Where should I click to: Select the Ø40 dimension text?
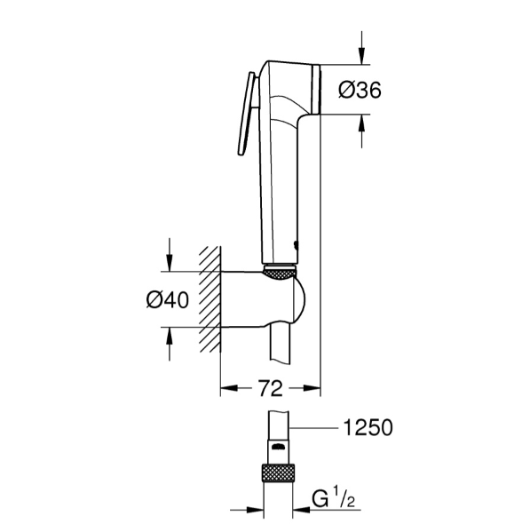click(x=167, y=300)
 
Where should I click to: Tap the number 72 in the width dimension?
click(x=271, y=388)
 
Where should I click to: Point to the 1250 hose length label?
click(x=368, y=429)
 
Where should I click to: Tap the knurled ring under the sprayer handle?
click(x=281, y=273)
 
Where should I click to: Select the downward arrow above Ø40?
click(x=168, y=258)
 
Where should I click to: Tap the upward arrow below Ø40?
click(x=168, y=341)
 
